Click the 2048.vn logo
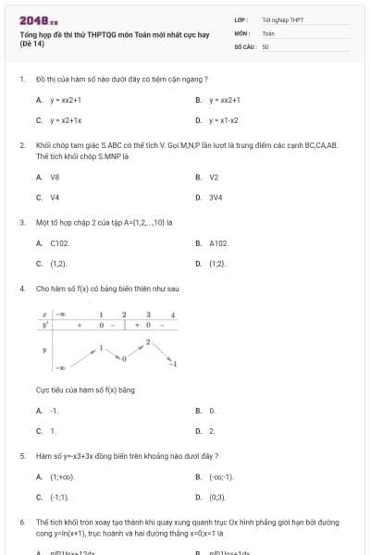pyautogui.click(x=38, y=19)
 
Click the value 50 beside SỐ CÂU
pyautogui.click(x=265, y=44)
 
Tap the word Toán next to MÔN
pyautogui.click(x=269, y=32)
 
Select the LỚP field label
pyautogui.click(x=241, y=19)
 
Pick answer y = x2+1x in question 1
pyautogui.click(x=66, y=120)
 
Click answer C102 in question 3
pyautogui.click(x=60, y=242)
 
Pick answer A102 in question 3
pyautogui.click(x=218, y=242)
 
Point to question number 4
pyautogui.click(x=21, y=289)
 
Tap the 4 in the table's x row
pyautogui.click(x=173, y=315)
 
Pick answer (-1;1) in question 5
pyautogui.click(x=59, y=497)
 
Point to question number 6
pyautogui.click(x=21, y=522)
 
